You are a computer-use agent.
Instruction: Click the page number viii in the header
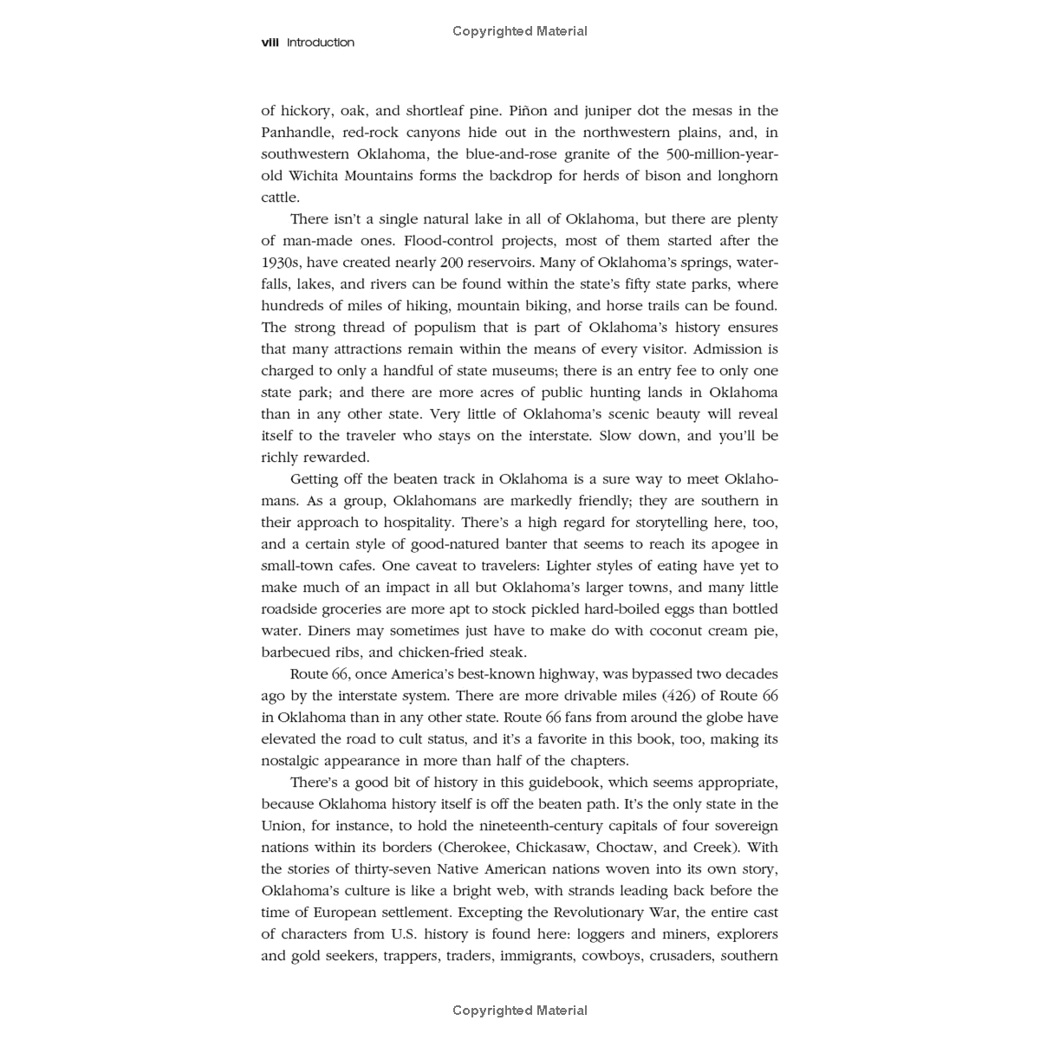[270, 42]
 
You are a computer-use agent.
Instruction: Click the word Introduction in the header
[321, 42]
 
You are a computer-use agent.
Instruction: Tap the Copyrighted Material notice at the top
[520, 31]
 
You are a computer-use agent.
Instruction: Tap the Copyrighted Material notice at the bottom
[520, 1011]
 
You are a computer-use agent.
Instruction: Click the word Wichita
[316, 176]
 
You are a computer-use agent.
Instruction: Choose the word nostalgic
[296, 761]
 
